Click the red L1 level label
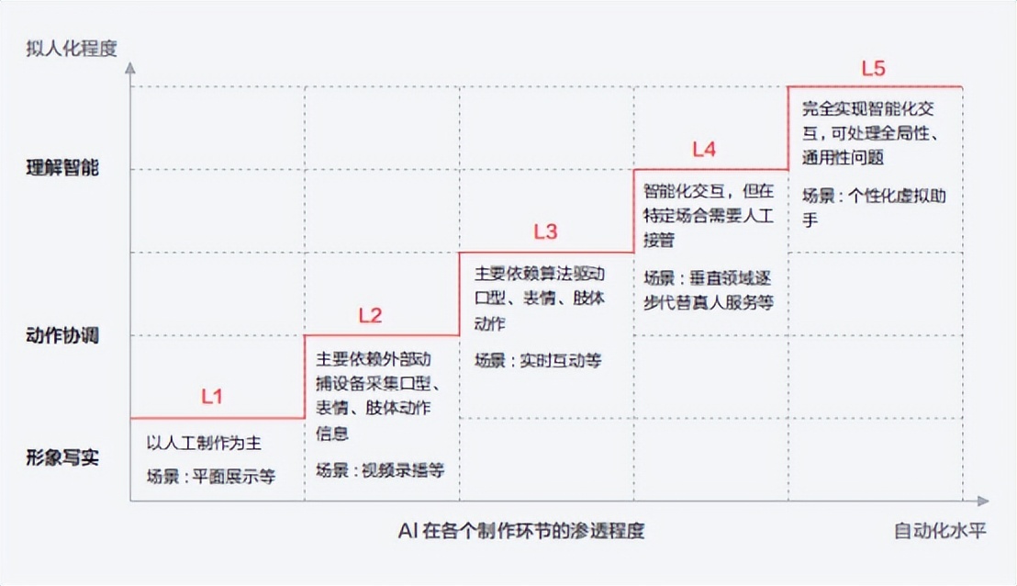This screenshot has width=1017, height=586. (212, 397)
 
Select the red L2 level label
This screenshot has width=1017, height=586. (370, 316)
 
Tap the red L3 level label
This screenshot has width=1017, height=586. (545, 231)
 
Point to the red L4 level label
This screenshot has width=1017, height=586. (704, 149)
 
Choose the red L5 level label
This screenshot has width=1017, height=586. (873, 69)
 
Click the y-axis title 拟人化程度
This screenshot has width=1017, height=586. (73, 49)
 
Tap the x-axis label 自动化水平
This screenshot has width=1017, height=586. (940, 531)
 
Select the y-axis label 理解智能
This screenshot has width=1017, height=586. (62, 168)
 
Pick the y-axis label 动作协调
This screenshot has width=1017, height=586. (62, 335)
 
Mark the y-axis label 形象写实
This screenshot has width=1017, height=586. (62, 458)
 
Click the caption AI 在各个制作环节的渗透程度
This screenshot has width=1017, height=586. (521, 531)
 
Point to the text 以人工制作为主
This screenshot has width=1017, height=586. (205, 444)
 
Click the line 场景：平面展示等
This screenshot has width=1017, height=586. (211, 477)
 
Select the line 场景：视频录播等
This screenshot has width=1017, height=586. (380, 470)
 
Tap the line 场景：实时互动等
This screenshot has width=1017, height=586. (538, 360)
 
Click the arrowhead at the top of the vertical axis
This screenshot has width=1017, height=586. (130, 68)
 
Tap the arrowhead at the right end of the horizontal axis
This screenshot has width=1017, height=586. (983, 501)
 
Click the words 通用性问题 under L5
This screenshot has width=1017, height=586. (843, 157)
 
